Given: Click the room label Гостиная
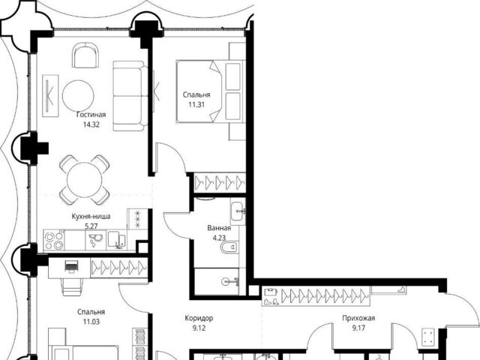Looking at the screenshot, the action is (91, 115).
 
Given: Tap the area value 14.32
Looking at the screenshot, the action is (91, 124).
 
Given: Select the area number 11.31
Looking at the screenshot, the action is (196, 104).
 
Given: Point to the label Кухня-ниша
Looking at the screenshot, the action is (91, 217).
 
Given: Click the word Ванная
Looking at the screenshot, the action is (219, 228).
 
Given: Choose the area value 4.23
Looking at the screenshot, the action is (219, 238).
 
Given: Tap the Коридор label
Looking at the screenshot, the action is (199, 318).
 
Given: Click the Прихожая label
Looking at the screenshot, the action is (358, 318).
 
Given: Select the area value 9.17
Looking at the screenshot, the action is (358, 328).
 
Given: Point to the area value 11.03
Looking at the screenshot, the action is (91, 322).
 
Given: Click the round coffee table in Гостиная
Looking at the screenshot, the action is (78, 95).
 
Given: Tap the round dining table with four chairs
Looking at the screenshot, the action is (84, 180).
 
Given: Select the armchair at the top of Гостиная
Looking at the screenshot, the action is (85, 55).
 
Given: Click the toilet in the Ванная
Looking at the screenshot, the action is (229, 247).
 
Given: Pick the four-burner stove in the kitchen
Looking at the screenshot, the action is (54, 241).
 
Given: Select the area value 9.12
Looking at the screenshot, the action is (199, 328).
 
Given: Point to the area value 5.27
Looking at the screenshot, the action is (91, 226).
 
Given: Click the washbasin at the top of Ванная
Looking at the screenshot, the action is (238, 211).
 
